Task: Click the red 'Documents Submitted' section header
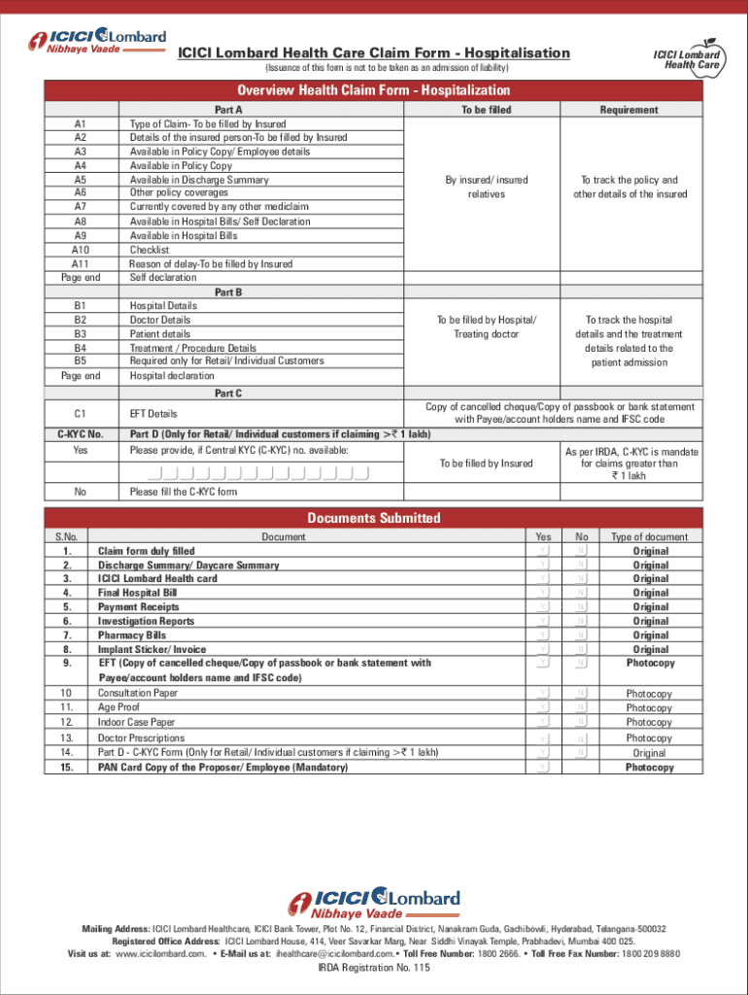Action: point(374,518)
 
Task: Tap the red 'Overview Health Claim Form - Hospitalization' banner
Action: point(374,90)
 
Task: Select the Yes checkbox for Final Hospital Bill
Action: point(543,593)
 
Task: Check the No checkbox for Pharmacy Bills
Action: point(581,635)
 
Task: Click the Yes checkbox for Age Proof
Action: point(543,708)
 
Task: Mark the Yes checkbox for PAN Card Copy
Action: point(543,768)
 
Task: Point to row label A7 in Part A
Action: point(80,207)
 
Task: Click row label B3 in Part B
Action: point(80,333)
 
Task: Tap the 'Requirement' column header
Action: point(629,110)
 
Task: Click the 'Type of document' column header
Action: point(649,536)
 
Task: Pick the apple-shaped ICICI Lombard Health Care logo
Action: point(692,56)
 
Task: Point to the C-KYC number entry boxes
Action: point(259,474)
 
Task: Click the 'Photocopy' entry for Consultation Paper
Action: point(649,694)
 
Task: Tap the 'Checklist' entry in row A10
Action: point(150,250)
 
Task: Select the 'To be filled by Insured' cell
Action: point(486,463)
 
